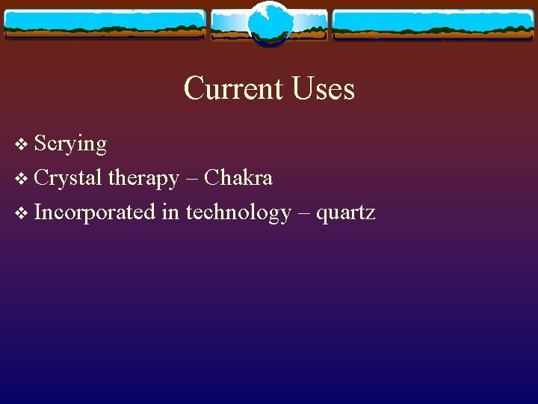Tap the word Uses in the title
(x=324, y=89)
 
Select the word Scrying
(x=70, y=144)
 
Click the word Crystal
(x=68, y=178)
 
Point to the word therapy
(x=144, y=179)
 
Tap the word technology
(x=238, y=213)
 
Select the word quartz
(x=345, y=214)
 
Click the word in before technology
(x=170, y=212)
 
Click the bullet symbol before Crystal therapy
(x=20, y=179)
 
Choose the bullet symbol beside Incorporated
(x=20, y=213)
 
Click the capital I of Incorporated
(x=38, y=212)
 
